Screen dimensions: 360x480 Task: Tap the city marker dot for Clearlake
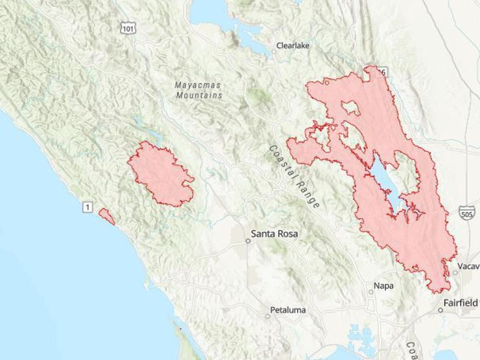274,51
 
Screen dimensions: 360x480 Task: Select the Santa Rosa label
274,234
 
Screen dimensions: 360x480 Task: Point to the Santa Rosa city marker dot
248,241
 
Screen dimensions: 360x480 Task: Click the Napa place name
383,286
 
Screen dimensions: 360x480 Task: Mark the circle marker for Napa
371,292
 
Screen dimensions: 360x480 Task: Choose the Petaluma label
288,310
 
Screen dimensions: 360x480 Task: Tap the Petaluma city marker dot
268,316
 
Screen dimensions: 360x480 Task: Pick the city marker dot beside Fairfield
440,310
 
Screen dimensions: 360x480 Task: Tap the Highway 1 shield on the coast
88,207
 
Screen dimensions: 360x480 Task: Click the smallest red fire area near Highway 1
106,216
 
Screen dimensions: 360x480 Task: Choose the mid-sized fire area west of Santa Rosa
161,174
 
